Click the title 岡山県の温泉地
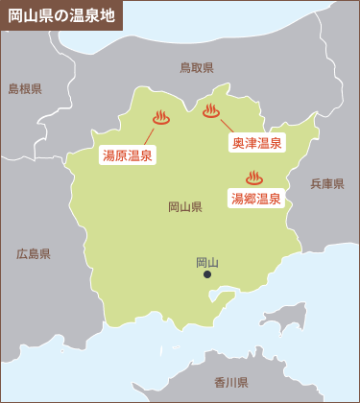60,16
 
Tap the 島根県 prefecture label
25,88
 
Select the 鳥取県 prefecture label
197,67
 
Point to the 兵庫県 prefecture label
327,183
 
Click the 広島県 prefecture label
34,254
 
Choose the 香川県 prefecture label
231,382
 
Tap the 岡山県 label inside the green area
185,206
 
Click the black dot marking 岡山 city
207,274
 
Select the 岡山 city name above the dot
207,261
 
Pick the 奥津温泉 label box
257,143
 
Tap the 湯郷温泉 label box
256,199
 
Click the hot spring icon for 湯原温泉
160,118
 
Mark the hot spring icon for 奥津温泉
211,110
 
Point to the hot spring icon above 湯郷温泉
254,178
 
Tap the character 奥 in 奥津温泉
239,143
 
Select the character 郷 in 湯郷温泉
251,199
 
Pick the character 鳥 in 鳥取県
185,67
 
